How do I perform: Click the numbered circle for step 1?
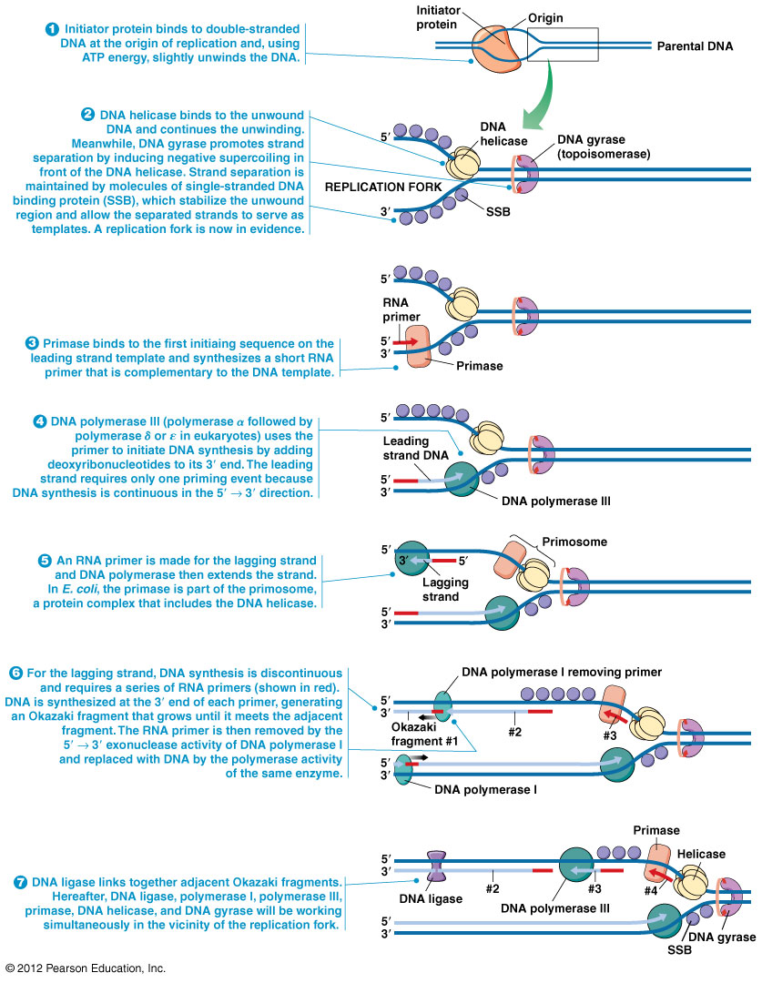pos(52,28)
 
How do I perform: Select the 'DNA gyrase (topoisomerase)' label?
pos(604,147)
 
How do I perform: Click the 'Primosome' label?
pos(575,542)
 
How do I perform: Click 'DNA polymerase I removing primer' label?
pos(562,672)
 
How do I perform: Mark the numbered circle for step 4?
pos(40,421)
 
